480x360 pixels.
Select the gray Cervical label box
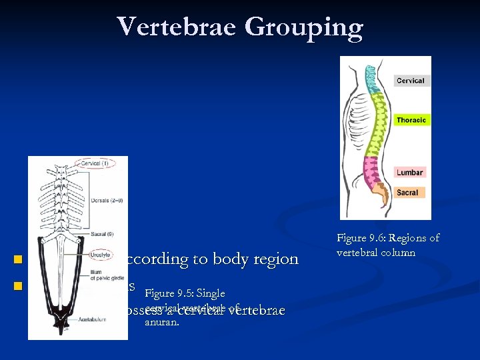click(410, 81)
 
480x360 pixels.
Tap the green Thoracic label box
click(411, 120)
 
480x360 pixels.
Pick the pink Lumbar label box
click(409, 173)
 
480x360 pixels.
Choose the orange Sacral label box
click(407, 193)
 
